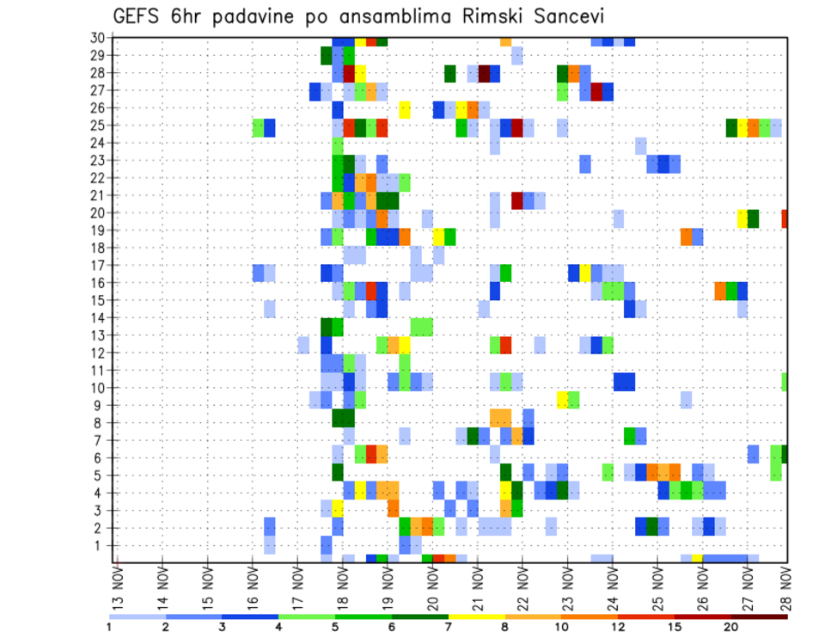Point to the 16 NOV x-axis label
[x=253, y=587]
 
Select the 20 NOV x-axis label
[x=432, y=587]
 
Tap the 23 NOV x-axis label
[x=567, y=587]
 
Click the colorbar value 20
[x=730, y=627]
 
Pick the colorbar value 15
[x=675, y=627]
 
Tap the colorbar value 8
[x=504, y=627]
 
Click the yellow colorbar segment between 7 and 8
[x=476, y=617]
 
